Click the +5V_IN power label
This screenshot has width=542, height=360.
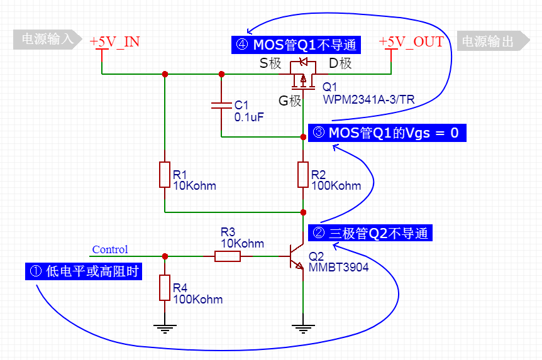pos(114,42)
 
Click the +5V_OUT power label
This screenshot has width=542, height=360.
pos(411,42)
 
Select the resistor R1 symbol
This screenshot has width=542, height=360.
pos(164,174)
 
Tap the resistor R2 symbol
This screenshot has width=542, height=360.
pos(303,174)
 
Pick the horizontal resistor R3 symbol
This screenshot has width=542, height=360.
pos(227,256)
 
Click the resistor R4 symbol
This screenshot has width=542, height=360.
pos(164,287)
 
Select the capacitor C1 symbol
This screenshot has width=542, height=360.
pos(221,105)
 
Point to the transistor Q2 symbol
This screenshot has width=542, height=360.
pos(297,256)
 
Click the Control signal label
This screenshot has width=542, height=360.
pos(110,249)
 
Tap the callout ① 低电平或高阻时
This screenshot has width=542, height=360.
pos(84,271)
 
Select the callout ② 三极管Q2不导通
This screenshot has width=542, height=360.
pos(370,233)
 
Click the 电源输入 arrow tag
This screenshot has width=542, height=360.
pos(48,40)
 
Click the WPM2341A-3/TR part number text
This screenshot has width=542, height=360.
pos(368,99)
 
